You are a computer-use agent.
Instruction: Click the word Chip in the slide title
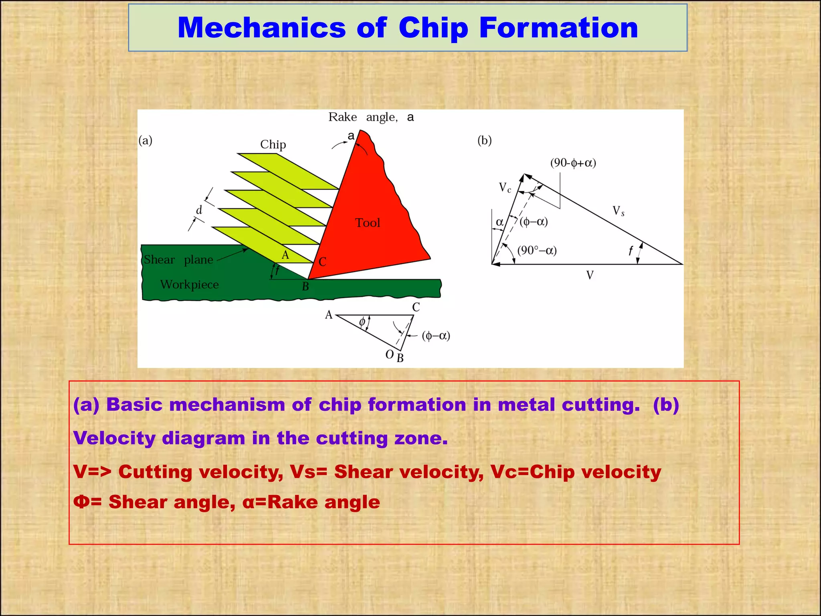(433, 28)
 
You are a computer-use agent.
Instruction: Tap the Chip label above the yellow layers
(273, 144)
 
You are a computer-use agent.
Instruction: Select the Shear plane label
(178, 260)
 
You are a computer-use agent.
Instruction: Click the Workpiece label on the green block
(189, 285)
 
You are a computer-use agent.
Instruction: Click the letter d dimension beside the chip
(199, 210)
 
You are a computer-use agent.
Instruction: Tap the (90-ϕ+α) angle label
(573, 163)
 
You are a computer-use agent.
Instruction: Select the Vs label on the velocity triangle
(618, 211)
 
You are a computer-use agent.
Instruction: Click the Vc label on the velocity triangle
(505, 187)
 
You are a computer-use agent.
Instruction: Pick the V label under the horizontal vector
(590, 275)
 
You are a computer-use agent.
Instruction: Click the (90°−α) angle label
(537, 251)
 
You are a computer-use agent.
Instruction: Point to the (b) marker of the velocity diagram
(484, 140)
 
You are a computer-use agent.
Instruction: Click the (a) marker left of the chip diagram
(145, 140)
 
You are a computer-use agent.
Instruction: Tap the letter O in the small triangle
(389, 355)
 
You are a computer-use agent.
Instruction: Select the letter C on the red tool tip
(322, 262)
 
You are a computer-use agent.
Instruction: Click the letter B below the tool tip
(305, 287)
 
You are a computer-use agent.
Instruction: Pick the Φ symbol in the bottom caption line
(82, 502)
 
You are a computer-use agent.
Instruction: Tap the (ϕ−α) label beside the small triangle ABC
(436, 336)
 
